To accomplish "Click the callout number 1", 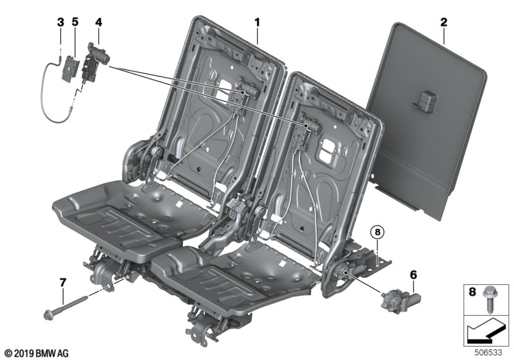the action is click(x=258, y=22).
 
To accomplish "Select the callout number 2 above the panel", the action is click(x=443, y=22).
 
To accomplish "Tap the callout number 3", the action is click(x=60, y=22).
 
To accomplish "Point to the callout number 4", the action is click(x=99, y=22).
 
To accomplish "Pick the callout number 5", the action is click(x=75, y=22).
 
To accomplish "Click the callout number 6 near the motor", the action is click(x=413, y=274).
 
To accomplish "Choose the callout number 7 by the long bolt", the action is click(x=62, y=282).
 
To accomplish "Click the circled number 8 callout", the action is click(x=377, y=233).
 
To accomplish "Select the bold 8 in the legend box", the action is click(x=472, y=292).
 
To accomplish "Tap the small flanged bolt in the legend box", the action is click(x=489, y=300).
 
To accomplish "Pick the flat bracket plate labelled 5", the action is click(x=71, y=67).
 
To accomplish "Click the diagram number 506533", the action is click(x=488, y=352).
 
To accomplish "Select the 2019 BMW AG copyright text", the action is click(x=37, y=354).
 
